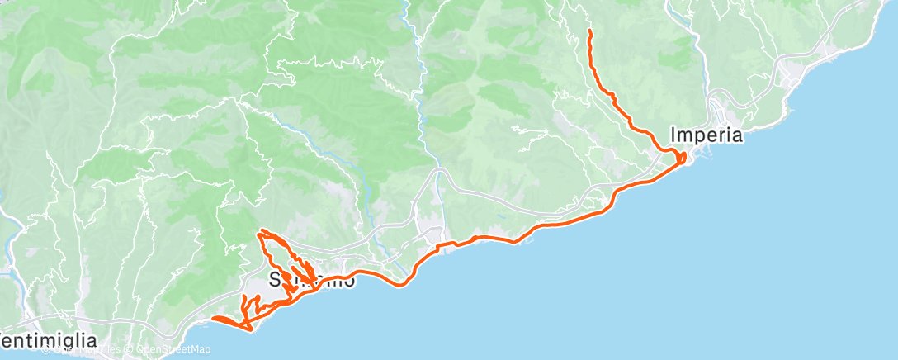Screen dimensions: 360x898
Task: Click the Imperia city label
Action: coord(707,135)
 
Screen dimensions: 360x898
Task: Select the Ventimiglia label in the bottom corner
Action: coord(49,340)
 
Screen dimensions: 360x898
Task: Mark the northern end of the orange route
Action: coord(589,31)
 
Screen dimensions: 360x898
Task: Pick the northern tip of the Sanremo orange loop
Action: coord(262,231)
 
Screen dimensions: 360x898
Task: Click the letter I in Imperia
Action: coord(674,135)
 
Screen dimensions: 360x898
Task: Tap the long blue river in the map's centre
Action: coord(422,99)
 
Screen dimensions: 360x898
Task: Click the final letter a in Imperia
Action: coord(737,135)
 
